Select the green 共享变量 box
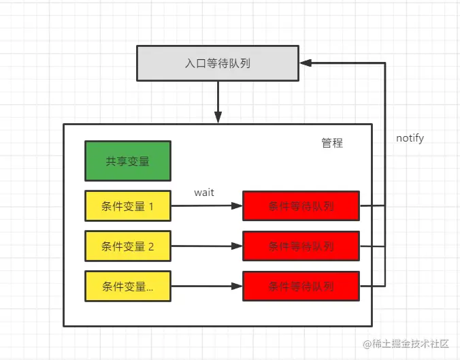coord(127,161)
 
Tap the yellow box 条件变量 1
coord(127,206)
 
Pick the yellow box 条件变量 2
coord(127,246)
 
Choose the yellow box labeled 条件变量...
coord(127,286)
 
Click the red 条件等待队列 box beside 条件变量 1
coord(301,206)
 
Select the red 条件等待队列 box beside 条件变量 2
coord(301,246)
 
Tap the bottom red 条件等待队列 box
coord(301,286)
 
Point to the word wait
coord(203,193)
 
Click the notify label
coord(410,138)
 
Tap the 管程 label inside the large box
coord(332,144)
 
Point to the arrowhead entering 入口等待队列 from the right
coord(305,63)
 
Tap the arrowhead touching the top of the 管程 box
coord(218,118)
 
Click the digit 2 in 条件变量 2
coord(151,246)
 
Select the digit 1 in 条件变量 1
coord(151,206)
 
